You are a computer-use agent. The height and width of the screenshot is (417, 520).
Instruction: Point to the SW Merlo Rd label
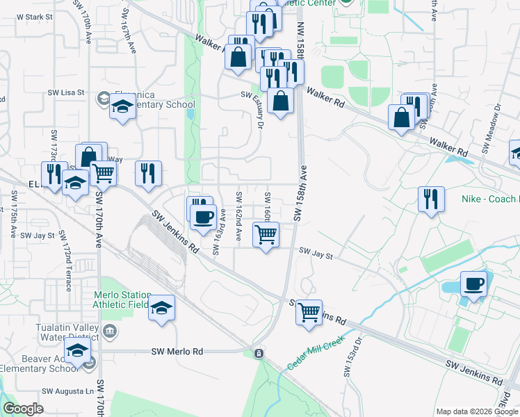(x=177, y=352)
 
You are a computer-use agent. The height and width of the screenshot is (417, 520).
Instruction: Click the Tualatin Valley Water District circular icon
(x=110, y=329)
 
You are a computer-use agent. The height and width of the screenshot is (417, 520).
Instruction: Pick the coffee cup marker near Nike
(x=473, y=284)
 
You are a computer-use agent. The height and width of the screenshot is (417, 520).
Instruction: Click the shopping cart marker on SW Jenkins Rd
(x=309, y=312)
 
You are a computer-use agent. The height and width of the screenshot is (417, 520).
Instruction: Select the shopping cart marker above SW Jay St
(x=266, y=235)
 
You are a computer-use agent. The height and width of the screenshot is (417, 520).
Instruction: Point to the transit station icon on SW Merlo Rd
(x=259, y=354)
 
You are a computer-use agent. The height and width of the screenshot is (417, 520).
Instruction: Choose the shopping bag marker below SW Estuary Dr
(x=280, y=101)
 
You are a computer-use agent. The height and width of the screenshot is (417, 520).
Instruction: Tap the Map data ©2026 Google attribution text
(x=476, y=411)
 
